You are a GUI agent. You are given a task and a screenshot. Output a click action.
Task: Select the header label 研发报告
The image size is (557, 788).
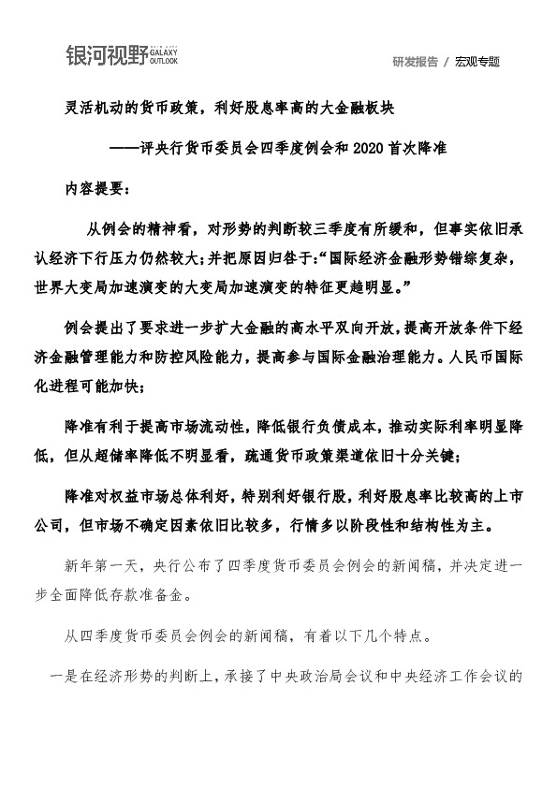click(x=415, y=62)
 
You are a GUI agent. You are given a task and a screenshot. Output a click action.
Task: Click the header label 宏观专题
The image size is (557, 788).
click(x=477, y=62)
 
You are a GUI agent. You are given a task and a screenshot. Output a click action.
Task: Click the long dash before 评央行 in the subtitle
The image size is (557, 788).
click(x=124, y=147)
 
